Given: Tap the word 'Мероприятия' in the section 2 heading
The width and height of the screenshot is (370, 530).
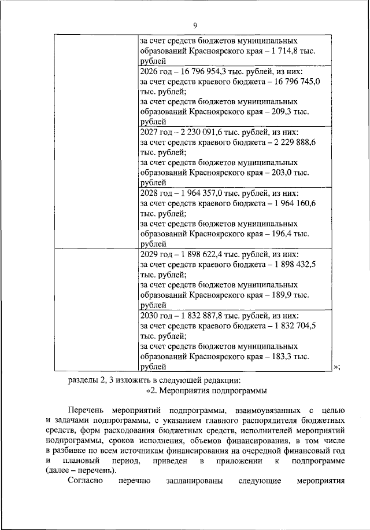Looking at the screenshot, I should point(189,390).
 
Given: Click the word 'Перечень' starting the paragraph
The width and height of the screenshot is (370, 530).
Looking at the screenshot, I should point(87,411).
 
